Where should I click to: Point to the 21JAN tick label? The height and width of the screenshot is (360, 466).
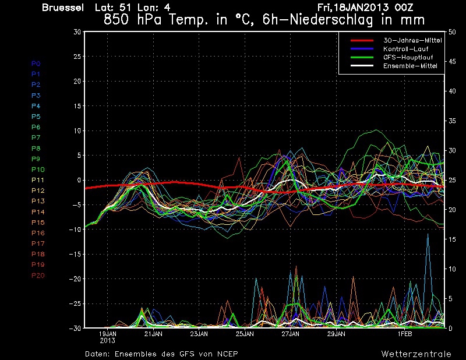click(153, 334)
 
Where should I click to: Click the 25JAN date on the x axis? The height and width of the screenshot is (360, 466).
click(245, 334)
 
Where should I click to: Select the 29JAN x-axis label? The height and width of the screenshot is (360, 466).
click(337, 334)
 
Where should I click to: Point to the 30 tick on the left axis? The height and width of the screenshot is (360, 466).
click(77, 32)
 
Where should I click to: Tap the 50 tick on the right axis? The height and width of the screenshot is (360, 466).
click(451, 32)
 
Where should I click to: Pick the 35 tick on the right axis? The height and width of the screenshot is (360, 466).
click(451, 121)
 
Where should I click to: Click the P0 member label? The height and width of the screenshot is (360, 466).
click(36, 63)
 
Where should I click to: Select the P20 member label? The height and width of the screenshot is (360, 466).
click(38, 276)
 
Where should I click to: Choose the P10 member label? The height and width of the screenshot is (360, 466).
click(38, 170)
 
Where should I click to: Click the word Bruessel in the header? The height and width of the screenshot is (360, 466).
click(63, 8)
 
